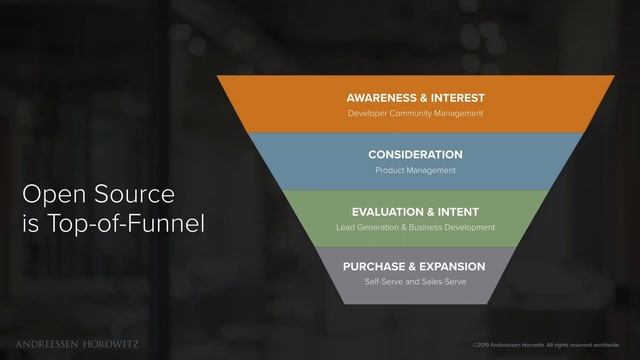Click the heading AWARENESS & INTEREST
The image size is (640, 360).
[x=415, y=98]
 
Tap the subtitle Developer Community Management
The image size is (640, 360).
[x=415, y=114]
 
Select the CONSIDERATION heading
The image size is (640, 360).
[x=415, y=155]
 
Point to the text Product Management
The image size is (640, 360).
[x=415, y=171]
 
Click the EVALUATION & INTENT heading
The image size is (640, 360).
[x=415, y=212]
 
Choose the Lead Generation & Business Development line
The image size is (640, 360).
[x=415, y=228]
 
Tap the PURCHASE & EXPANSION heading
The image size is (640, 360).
[x=414, y=267]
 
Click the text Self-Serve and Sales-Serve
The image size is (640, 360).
[x=415, y=283]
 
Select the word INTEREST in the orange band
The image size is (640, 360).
[x=454, y=98]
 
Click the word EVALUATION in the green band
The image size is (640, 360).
[x=389, y=212]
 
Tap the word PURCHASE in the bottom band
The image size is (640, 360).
[x=373, y=267]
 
